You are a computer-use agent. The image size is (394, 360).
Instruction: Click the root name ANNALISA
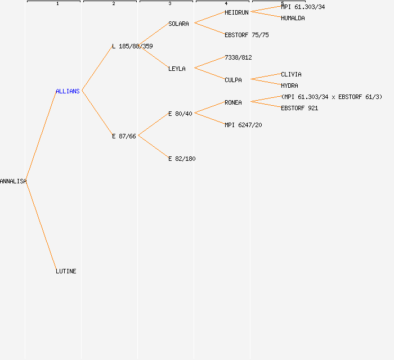[13, 181]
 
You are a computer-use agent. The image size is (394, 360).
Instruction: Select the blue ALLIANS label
[68, 91]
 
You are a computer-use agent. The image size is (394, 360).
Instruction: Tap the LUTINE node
[66, 271]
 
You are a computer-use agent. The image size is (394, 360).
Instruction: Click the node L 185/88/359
[132, 46]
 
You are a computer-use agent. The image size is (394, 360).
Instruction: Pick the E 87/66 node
[124, 136]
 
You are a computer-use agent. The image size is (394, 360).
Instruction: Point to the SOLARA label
[178, 24]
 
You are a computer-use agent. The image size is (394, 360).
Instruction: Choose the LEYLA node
[177, 69]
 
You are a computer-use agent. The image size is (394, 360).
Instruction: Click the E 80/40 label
[180, 114]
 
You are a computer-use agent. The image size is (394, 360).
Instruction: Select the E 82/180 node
[182, 159]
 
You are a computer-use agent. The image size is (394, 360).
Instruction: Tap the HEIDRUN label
[236, 12]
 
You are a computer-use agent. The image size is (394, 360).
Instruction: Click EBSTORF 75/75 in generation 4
[247, 35]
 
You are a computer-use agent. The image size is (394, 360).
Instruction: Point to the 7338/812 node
[238, 57]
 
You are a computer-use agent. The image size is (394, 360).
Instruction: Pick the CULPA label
[233, 80]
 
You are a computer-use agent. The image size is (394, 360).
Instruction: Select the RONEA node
[233, 102]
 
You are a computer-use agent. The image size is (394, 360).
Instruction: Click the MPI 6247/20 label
[243, 125]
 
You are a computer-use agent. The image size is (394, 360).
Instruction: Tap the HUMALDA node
[293, 18]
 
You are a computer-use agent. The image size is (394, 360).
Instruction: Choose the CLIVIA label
[291, 74]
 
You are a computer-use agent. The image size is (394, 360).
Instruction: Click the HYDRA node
[289, 85]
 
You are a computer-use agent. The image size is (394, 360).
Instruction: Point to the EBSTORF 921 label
[299, 108]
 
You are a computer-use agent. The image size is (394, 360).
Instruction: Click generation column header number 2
[114, 3]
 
